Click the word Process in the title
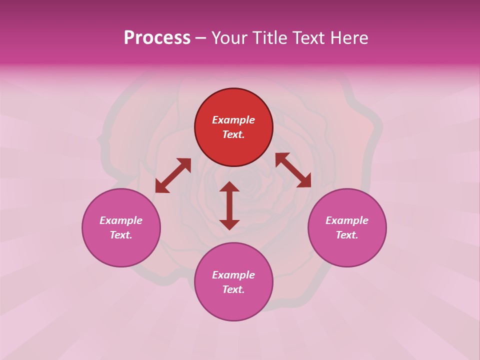click(157, 38)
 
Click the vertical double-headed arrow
click(229, 205)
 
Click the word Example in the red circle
click(233, 120)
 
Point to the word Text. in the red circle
click(233, 134)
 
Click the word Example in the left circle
click(121, 220)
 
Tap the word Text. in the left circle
click(121, 235)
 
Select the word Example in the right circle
click(347, 220)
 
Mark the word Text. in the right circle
click(347, 235)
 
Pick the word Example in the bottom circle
click(233, 275)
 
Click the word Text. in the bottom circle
click(233, 289)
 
